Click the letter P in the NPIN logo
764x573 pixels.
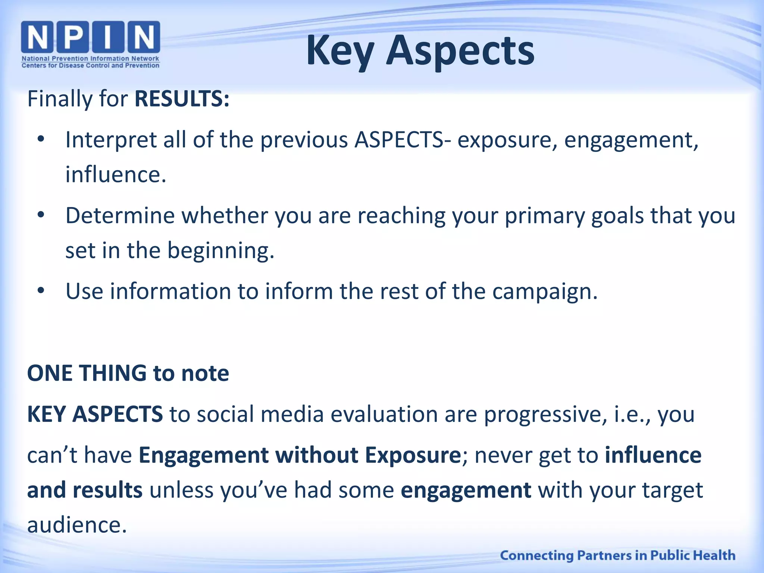[73, 37]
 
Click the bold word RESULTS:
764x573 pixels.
[182, 99]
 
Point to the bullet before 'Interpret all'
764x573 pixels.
[41, 140]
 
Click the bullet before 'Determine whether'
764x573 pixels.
[41, 215]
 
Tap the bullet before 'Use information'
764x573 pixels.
[41, 291]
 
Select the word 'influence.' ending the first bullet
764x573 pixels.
[116, 174]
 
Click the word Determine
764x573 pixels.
[120, 215]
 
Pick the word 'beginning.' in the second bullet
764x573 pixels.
[220, 250]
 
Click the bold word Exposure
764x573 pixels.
[413, 455]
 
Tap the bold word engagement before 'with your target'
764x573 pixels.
[466, 490]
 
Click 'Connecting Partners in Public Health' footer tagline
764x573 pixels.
[617, 555]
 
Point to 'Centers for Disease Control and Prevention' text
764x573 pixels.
[90, 66]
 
